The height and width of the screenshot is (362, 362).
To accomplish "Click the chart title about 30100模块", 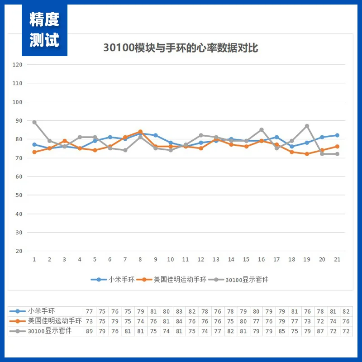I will point(181,48).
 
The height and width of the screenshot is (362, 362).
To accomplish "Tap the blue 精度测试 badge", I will point(44,30).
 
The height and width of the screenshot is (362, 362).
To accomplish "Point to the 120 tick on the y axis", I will point(18,65).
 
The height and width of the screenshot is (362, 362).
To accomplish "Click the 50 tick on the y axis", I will point(19,195).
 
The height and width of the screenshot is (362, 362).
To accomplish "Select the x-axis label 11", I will point(186,259).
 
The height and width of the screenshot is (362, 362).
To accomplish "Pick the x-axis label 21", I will point(337,259).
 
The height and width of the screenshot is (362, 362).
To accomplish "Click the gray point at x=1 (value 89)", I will point(34,122).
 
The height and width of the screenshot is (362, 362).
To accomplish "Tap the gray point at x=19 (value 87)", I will point(307,126).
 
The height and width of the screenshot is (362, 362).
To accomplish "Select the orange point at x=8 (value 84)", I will point(140,132).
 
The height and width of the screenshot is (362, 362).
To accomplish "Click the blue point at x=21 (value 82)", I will point(337,135).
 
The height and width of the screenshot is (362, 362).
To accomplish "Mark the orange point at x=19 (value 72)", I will point(307,154).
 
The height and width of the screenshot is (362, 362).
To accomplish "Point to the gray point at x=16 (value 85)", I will point(262,130).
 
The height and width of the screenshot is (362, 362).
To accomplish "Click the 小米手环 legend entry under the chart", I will point(113,280).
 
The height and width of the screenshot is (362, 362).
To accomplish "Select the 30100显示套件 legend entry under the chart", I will point(243,280).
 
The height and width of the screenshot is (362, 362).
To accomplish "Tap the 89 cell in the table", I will point(89,331).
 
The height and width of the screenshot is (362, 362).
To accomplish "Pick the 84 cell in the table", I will point(179,321).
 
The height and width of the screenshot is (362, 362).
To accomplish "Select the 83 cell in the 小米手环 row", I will point(179,311).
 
